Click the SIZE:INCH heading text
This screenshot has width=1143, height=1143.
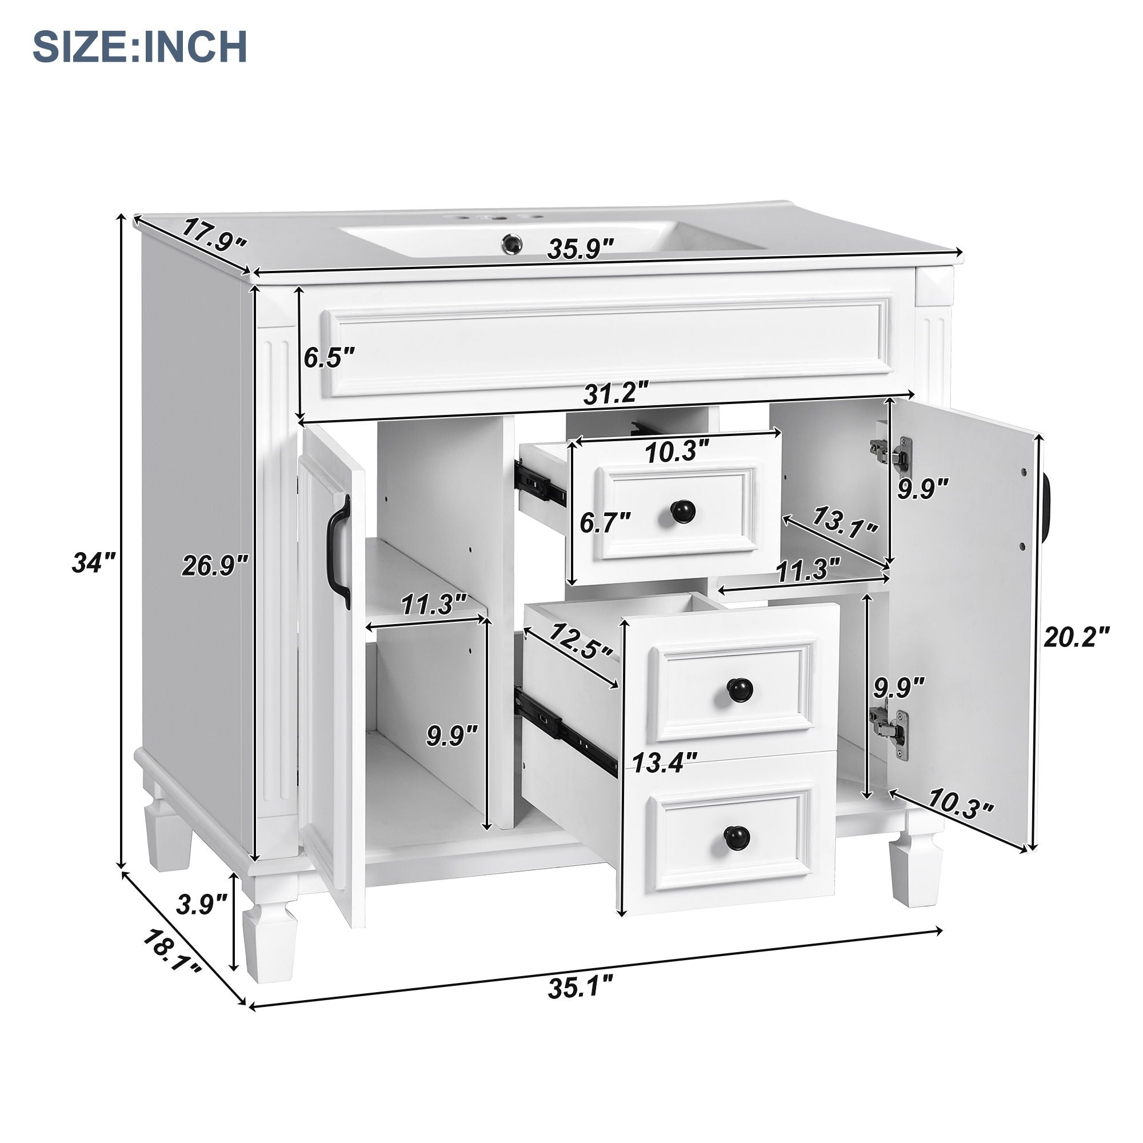tap(139, 47)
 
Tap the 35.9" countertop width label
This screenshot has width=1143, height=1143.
tap(581, 249)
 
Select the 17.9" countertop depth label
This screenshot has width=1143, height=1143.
tap(213, 235)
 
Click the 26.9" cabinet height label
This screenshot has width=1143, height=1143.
tap(215, 566)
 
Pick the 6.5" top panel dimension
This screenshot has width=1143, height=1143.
tap(329, 358)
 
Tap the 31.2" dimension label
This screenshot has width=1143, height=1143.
tap(616, 393)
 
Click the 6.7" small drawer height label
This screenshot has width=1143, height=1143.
tap(605, 522)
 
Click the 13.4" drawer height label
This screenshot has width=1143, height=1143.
tap(665, 762)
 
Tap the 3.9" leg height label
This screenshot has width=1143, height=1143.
tap(202, 905)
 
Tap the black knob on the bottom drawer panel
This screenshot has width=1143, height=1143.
tap(737, 836)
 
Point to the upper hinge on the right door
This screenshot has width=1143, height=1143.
tap(890, 453)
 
